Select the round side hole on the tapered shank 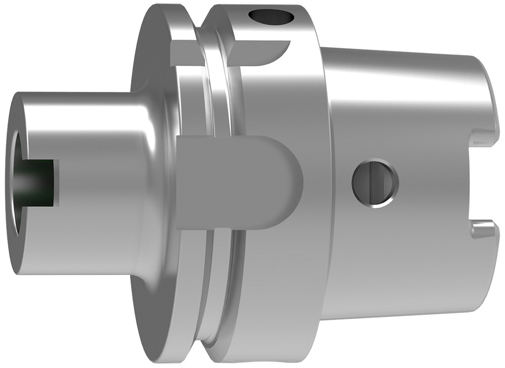[375, 183]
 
